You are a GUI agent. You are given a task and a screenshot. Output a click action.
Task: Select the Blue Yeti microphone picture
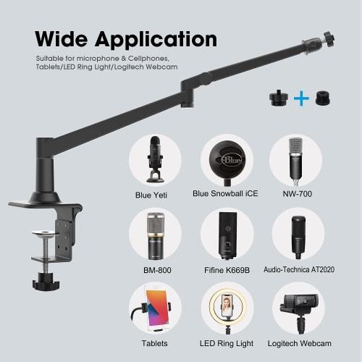coord(155,159)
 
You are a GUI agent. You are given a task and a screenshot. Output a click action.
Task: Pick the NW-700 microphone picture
coord(295,159)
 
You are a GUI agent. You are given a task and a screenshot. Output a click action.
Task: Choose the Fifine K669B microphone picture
coord(227,235)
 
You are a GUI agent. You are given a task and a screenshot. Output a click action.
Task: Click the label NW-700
coord(295,194)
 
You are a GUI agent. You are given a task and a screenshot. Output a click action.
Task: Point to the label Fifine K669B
coord(227,269)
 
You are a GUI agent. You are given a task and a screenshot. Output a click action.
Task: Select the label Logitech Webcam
coord(298,343)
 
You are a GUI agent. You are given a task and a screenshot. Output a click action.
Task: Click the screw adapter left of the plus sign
coord(277,98)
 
